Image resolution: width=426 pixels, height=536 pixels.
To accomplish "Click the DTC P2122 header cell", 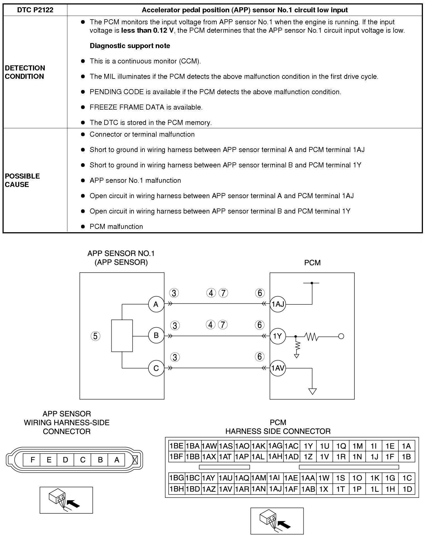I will [x=35, y=10].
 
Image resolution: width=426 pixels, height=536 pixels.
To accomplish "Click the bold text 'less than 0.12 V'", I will [x=147, y=30].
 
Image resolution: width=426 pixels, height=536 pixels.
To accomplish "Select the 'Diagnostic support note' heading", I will [x=130, y=46].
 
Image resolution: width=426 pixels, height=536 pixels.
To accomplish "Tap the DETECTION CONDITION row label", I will [x=25, y=72].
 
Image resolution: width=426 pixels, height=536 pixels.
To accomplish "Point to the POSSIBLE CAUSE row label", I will [x=22, y=180].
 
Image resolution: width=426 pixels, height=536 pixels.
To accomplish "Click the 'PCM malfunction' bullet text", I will [x=116, y=226].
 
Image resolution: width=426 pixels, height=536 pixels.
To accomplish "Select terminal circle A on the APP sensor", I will [x=156, y=304].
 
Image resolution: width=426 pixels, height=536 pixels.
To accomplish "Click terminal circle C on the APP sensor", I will [x=156, y=368].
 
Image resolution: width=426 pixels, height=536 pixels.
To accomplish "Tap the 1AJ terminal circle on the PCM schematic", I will [x=278, y=304].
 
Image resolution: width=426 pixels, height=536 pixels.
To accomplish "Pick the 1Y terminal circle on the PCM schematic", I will [x=277, y=336].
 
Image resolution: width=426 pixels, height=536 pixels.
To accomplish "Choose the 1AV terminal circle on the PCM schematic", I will [x=278, y=368].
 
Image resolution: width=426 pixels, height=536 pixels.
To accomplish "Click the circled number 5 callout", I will [x=95, y=336].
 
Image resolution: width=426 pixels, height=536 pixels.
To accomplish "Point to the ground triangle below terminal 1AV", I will [x=312, y=391].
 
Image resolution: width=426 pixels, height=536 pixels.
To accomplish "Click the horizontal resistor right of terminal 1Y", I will [x=312, y=336].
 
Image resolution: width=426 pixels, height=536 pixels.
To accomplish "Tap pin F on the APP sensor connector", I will [x=32, y=460].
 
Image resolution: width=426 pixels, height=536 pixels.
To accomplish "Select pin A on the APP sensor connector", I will [x=117, y=460].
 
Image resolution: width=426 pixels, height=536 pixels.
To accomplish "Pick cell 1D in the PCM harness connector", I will [x=407, y=489].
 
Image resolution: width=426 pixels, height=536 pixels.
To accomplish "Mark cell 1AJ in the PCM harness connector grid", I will [x=275, y=489].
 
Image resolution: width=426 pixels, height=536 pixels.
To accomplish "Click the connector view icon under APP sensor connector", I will [x=66, y=500].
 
